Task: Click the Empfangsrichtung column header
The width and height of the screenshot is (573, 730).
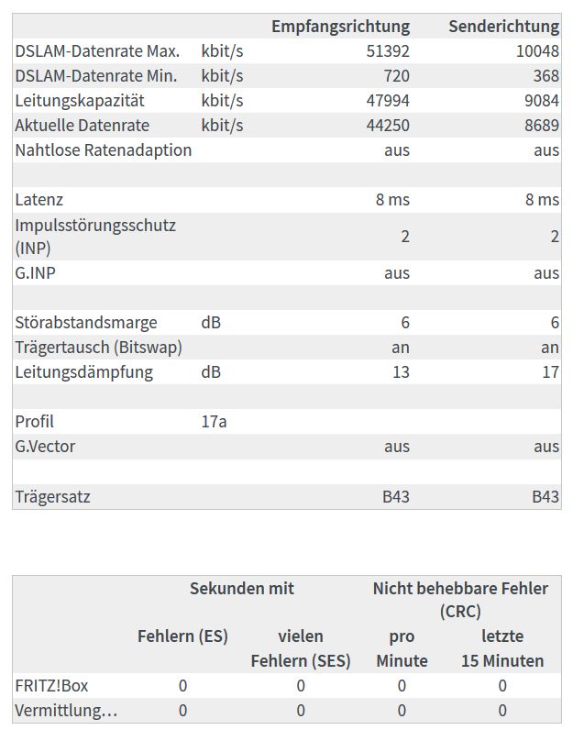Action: coord(340,27)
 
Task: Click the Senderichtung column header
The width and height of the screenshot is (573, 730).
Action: coord(503,27)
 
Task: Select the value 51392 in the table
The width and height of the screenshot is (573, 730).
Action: coord(388,51)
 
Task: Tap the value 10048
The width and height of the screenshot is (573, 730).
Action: coord(537,51)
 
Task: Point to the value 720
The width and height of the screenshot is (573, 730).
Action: coord(397,76)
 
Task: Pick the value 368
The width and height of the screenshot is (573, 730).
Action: coord(545,76)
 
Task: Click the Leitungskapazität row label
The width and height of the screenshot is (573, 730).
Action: coord(80,101)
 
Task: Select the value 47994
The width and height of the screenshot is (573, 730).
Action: coord(388,101)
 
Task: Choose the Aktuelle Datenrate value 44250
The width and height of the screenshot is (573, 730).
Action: coord(388,126)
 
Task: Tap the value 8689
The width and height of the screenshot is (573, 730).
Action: coord(541,126)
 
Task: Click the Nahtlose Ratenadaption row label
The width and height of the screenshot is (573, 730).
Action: coord(104,150)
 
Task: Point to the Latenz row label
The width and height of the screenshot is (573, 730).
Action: coord(39,200)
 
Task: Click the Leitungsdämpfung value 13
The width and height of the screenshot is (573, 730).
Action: coord(401,372)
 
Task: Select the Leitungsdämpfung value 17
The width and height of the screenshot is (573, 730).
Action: coord(550,372)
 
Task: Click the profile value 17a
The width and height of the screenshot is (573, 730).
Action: coord(214,422)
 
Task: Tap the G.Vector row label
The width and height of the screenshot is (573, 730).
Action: coord(45,447)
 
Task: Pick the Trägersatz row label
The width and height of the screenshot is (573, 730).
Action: coord(52,497)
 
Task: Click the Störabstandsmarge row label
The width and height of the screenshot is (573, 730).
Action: coord(86,323)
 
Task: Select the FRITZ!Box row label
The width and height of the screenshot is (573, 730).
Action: coord(51,686)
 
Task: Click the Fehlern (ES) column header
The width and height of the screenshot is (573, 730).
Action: coord(182,636)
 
